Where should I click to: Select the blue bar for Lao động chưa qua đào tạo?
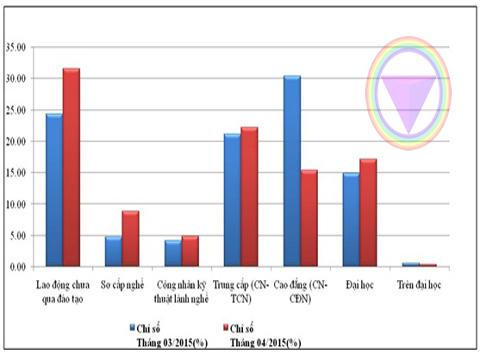point(54,190)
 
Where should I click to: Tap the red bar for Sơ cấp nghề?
point(130,239)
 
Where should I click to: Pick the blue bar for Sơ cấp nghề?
point(113,252)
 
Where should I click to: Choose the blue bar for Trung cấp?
point(232,200)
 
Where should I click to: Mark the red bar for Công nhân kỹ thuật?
point(189,252)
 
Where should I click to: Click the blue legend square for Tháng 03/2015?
point(131,327)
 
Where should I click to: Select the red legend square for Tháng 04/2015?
point(223,327)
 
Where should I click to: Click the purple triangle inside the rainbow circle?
point(410,100)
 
